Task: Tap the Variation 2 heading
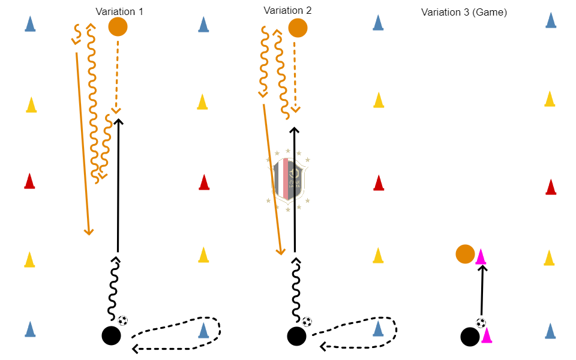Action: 288,11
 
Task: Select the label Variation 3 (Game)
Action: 464,12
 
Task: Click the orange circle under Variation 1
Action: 118,26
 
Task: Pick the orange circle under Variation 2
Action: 298,28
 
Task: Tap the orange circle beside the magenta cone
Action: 465,254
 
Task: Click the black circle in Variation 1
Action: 111,335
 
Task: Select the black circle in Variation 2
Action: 296,336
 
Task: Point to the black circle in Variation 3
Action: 470,337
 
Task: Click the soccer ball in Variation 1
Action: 123,321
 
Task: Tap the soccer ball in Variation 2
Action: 307,322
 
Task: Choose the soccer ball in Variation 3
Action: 481,323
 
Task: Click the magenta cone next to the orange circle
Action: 481,257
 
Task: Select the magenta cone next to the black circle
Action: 486,335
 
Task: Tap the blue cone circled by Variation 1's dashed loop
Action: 203,330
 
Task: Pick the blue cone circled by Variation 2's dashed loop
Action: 378,328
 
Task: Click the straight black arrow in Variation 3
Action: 482,291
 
